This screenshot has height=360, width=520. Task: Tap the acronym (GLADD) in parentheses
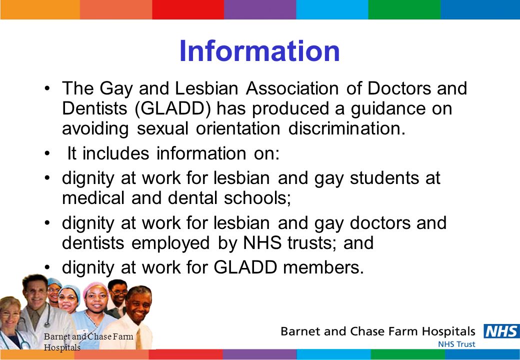point(173,108)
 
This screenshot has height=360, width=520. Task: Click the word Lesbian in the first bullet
point(206,88)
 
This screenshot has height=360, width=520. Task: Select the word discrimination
point(347,128)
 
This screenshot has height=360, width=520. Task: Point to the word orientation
point(238,128)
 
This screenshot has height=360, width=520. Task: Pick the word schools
point(257,198)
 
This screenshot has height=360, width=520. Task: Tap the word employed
point(170,243)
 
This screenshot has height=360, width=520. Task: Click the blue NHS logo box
point(502,331)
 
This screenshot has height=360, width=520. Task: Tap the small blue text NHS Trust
point(456,344)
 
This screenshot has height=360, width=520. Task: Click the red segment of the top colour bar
point(188,9)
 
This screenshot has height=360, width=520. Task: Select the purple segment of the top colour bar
point(260,9)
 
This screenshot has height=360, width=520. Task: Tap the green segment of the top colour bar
point(404,9)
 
